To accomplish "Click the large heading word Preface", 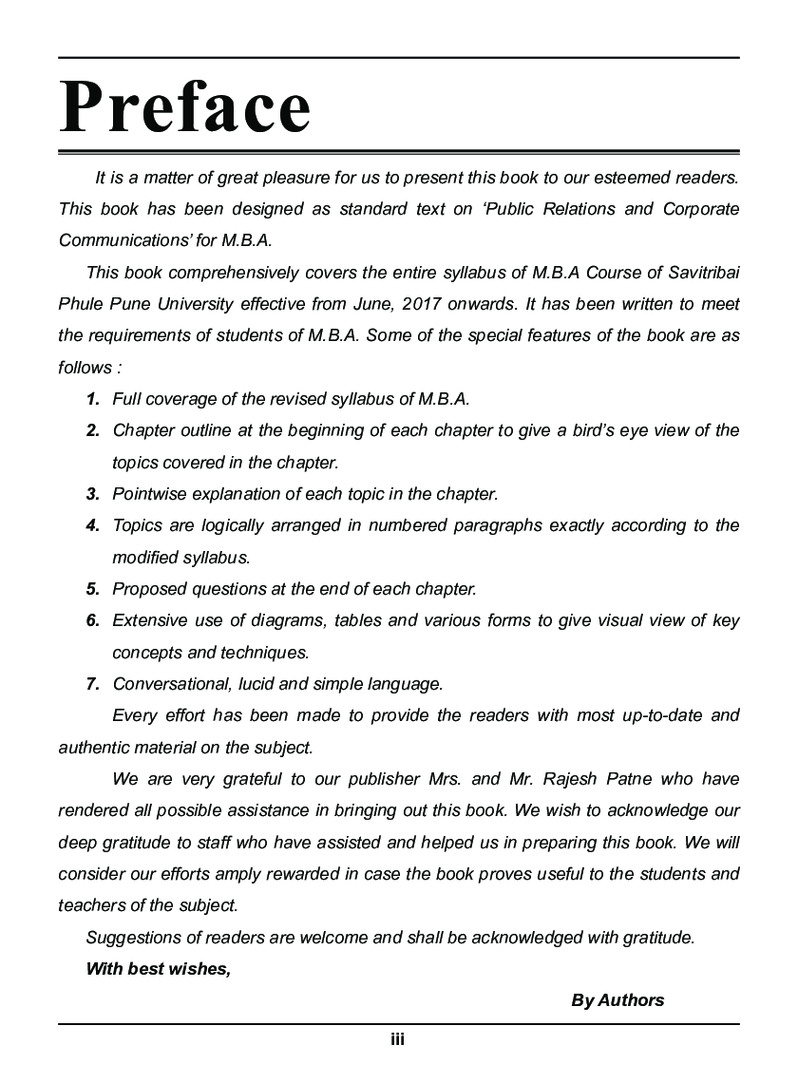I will [185, 107].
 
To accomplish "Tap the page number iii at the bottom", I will [398, 1039].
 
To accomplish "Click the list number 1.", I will [92, 399].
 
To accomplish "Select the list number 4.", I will [92, 525].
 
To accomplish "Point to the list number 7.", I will [92, 684].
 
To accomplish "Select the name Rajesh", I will [573, 779].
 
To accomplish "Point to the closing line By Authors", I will [617, 1000].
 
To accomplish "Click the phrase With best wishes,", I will [158, 969].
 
